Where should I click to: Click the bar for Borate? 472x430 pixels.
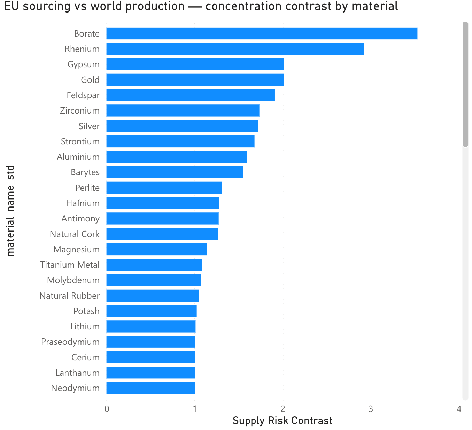click(262, 33)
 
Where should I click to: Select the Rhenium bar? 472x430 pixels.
click(235, 49)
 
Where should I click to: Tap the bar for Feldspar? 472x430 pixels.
click(191, 95)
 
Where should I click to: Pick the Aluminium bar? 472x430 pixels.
click(177, 157)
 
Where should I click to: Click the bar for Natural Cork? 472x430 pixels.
click(162, 234)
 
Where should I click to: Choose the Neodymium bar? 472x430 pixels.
click(150, 388)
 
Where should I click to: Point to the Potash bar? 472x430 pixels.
click(152, 311)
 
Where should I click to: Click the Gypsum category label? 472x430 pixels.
click(84, 64)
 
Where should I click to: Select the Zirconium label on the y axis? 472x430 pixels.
click(80, 111)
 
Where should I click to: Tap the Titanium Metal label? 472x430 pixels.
click(70, 265)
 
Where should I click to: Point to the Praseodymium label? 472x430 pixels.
click(70, 342)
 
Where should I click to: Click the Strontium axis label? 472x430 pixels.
click(80, 142)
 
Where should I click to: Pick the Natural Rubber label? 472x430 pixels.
click(70, 296)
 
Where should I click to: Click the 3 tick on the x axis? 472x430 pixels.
click(371, 409)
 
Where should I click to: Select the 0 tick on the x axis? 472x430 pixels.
click(107, 409)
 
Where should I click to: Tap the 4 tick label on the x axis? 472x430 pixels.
click(459, 409)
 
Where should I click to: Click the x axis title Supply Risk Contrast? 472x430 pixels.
click(283, 421)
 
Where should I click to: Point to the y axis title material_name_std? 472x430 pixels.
click(10, 211)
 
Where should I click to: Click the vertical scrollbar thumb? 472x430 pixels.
click(465, 85)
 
